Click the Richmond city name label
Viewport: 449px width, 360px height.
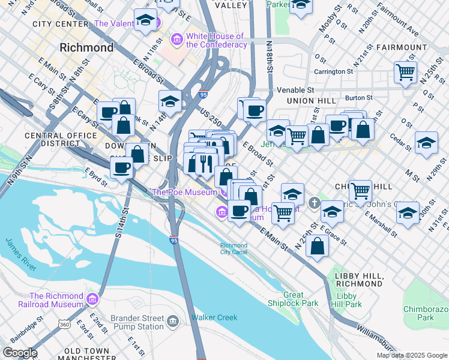tap(86, 47)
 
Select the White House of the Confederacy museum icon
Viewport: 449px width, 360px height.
tap(176, 40)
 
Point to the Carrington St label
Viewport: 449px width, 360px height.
tap(333, 71)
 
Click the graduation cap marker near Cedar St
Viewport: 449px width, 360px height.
tap(426, 143)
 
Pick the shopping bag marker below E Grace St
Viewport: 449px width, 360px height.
tap(318, 245)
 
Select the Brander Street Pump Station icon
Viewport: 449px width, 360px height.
tap(173, 322)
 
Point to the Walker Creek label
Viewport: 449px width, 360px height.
tap(214, 317)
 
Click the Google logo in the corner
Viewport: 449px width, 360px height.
tap(20, 353)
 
